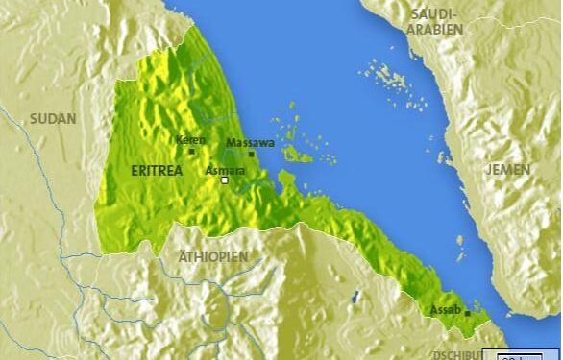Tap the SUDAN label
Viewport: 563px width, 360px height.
(52, 118)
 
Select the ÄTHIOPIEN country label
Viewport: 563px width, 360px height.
(213, 257)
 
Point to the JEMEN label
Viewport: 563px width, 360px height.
(508, 169)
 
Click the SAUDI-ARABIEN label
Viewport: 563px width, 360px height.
(437, 21)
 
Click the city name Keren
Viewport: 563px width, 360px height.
(190, 140)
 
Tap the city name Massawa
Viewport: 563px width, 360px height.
(250, 143)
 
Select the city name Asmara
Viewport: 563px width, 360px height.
(227, 170)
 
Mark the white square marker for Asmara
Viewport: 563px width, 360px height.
(225, 180)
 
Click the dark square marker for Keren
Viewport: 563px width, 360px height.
(191, 151)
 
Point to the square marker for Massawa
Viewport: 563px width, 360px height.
(252, 154)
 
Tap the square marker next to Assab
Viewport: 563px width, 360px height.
(467, 313)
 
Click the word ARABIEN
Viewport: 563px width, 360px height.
(437, 29)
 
